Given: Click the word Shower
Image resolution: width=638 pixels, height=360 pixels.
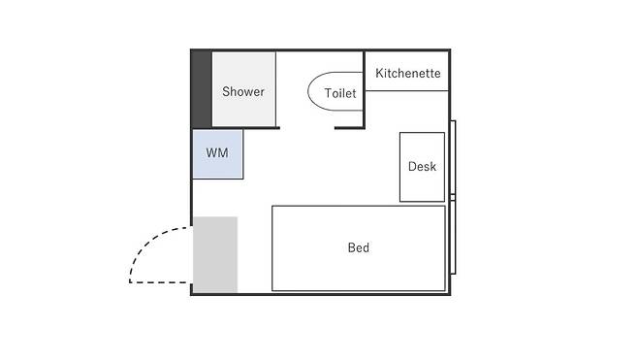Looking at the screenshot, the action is point(243,91).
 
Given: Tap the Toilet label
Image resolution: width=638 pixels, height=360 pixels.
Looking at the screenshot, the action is point(340,93).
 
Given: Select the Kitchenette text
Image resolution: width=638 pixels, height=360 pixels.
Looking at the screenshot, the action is point(407,74).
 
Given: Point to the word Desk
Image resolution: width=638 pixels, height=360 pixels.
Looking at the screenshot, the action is point(422,166).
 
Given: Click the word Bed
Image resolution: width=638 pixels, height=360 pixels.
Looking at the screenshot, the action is point(359,247).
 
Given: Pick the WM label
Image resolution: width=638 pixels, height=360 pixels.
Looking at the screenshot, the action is point(217,153).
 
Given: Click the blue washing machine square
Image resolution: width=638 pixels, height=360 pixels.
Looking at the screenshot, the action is point(218,154).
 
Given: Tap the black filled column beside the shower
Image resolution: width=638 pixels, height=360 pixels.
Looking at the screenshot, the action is point(202,88).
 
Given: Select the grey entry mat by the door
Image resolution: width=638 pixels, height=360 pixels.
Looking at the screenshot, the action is point(215,254).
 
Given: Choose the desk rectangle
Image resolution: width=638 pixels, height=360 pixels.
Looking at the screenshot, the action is point(422,167).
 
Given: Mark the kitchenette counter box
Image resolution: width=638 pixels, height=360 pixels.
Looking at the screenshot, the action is point(407,71).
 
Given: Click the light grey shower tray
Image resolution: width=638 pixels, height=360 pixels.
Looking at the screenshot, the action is point(243,88).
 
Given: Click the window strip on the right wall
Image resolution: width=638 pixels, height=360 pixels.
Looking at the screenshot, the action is point(453,197).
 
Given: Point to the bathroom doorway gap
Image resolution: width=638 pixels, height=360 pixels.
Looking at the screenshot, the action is point(307,128).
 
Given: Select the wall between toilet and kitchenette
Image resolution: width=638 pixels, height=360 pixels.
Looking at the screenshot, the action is point(365,89).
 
